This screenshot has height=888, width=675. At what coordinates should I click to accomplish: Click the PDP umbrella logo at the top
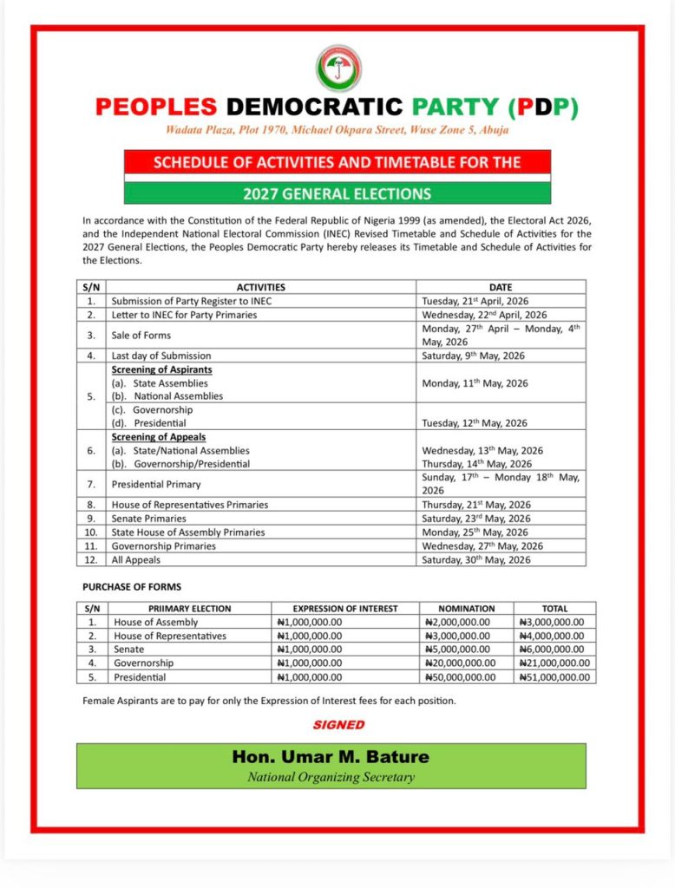pyautogui.click(x=337, y=68)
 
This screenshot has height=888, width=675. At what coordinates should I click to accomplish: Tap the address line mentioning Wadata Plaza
pyautogui.click(x=337, y=131)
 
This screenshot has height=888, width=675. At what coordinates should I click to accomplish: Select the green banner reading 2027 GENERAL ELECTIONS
pyautogui.click(x=337, y=193)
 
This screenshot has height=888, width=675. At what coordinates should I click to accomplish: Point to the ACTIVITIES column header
pyautogui.click(x=260, y=287)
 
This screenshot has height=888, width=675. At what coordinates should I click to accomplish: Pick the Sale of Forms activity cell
pyautogui.click(x=141, y=335)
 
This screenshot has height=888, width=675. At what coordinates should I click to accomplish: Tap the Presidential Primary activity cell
pyautogui.click(x=156, y=484)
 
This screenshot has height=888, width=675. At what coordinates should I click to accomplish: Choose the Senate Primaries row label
pyautogui.click(x=148, y=519)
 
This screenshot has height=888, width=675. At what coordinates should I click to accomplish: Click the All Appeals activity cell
pyautogui.click(x=136, y=560)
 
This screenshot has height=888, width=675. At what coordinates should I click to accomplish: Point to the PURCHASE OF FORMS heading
pyautogui.click(x=132, y=587)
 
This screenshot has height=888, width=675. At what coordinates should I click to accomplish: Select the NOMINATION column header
pyautogui.click(x=467, y=609)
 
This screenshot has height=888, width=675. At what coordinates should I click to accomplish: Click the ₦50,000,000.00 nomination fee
pyautogui.click(x=461, y=677)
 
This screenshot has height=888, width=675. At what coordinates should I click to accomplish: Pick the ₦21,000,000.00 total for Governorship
pyautogui.click(x=554, y=663)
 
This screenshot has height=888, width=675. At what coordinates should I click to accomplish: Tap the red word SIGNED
pyautogui.click(x=338, y=724)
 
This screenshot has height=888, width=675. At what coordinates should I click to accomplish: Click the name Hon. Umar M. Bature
pyautogui.click(x=331, y=757)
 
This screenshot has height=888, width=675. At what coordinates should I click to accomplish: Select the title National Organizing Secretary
pyautogui.click(x=331, y=777)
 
